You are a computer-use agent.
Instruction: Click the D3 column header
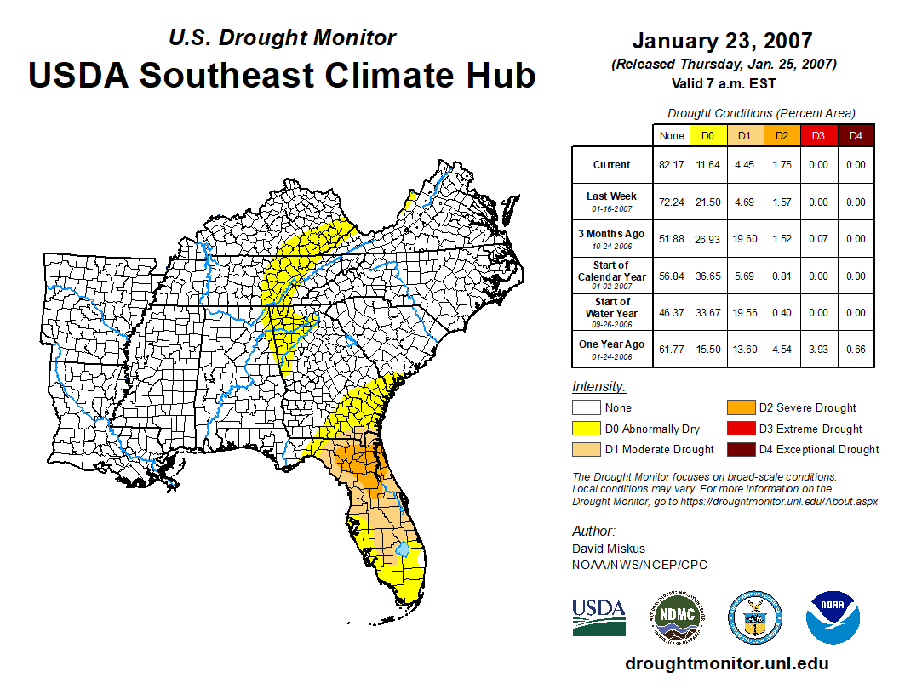pyautogui.click(x=818, y=136)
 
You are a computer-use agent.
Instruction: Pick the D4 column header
pyautogui.click(x=856, y=136)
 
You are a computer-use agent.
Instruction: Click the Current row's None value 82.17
pyautogui.click(x=672, y=165)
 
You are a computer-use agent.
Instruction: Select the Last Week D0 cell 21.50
pyautogui.click(x=708, y=202)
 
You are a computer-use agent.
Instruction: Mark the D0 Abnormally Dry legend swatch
pyautogui.click(x=586, y=429)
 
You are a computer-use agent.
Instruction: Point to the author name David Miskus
pyautogui.click(x=607, y=549)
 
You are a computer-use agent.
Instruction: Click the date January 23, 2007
pyautogui.click(x=722, y=41)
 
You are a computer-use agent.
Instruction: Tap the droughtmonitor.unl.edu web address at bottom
pyautogui.click(x=726, y=663)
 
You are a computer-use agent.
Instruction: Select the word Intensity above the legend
pyautogui.click(x=599, y=387)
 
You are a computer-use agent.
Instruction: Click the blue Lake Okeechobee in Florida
pyautogui.click(x=404, y=551)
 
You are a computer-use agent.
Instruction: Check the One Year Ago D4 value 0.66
pyautogui.click(x=856, y=349)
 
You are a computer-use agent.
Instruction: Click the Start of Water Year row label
pyautogui.click(x=612, y=312)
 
